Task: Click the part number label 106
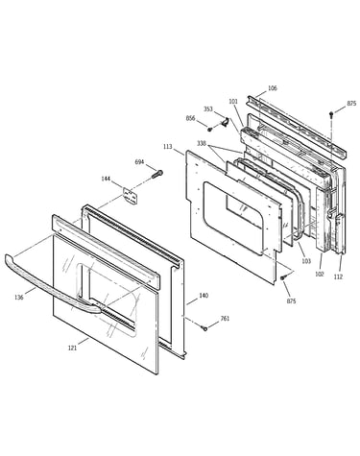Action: [272, 88]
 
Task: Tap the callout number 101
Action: [233, 102]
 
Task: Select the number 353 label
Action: [208, 109]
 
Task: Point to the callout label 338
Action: [202, 143]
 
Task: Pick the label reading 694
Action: [139, 162]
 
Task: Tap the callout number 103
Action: [306, 261]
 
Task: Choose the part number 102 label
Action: [320, 274]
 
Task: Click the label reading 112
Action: [338, 276]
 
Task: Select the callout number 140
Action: [204, 296]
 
